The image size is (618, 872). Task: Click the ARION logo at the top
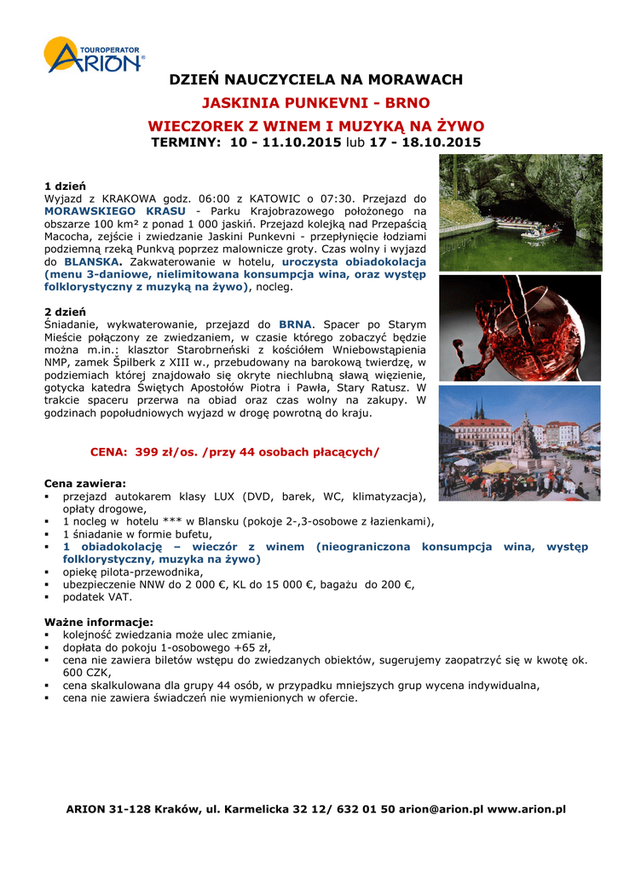95,56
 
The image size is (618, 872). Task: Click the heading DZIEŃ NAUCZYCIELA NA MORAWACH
315,80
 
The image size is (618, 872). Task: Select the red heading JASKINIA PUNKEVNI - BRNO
315,104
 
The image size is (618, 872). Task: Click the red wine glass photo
519,327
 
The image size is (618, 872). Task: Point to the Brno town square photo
519,443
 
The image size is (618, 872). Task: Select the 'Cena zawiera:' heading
84,483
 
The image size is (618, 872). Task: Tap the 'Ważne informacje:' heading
98,622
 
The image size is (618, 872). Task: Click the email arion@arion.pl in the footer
441,808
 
